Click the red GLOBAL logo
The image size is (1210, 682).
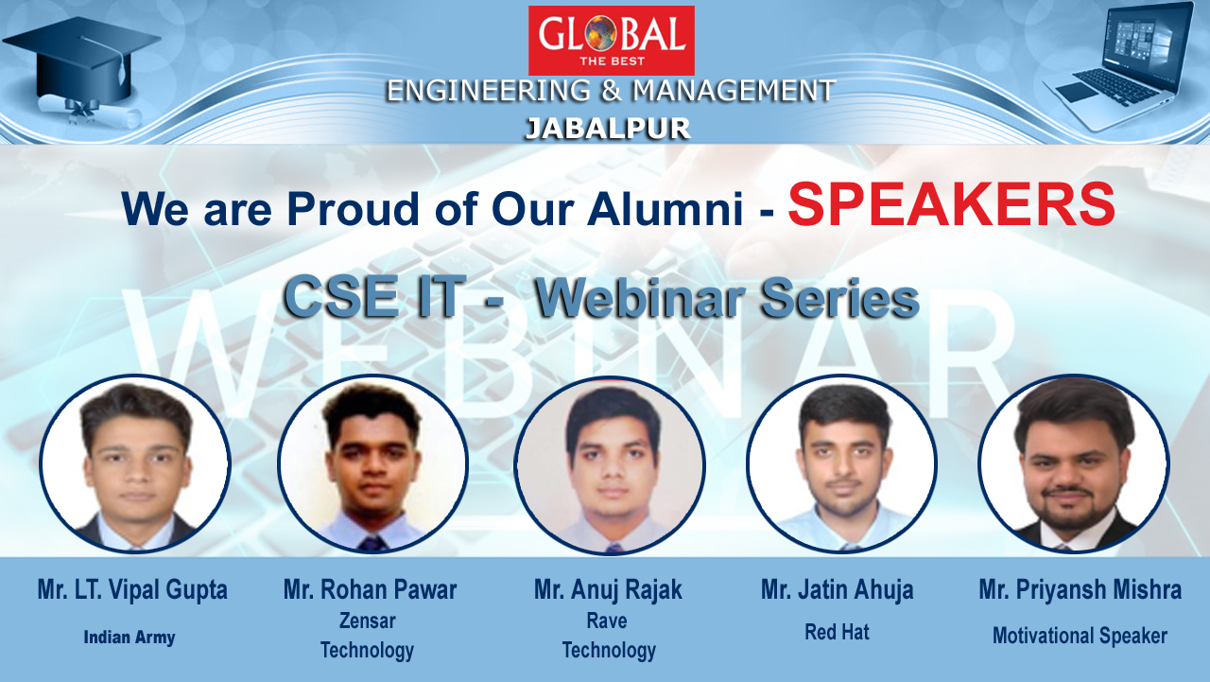coord(611,41)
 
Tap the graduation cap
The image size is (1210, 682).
coord(82,60)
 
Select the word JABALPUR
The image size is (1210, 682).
coord(608,130)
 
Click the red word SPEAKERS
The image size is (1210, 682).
coord(952,204)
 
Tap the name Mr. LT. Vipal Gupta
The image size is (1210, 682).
coord(132,589)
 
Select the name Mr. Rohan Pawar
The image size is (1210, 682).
coord(370,589)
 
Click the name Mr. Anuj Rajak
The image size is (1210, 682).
coord(608,589)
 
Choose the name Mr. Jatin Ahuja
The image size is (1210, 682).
coord(838,589)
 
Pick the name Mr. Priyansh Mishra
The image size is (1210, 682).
coord(1080,589)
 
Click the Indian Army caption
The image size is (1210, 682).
coord(130,638)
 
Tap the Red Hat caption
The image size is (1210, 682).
coord(838,632)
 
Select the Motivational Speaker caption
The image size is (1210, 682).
coord(1080,636)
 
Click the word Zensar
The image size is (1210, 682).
coord(368,621)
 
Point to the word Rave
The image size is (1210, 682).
coord(607,621)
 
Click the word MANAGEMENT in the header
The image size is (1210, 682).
coord(735,90)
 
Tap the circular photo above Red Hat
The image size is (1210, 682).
coord(841,463)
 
